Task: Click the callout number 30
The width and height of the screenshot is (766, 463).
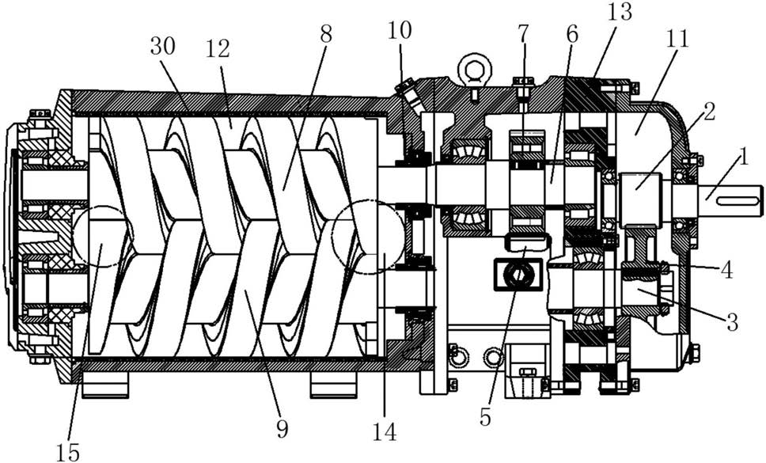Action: click(x=163, y=47)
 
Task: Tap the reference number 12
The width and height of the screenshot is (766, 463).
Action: click(x=218, y=49)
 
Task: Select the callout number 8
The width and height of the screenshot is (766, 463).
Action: click(x=326, y=34)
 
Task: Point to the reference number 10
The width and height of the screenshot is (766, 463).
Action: click(x=400, y=30)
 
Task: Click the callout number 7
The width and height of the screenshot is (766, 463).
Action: click(x=523, y=32)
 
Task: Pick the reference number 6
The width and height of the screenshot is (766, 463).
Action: click(x=572, y=34)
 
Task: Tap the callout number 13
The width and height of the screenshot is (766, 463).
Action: click(x=620, y=12)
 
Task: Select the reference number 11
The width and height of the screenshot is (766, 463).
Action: click(x=677, y=38)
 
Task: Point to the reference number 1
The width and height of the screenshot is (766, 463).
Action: click(x=743, y=157)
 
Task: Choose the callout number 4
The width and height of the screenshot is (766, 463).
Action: click(x=727, y=270)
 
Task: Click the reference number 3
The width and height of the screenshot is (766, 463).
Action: click(x=732, y=322)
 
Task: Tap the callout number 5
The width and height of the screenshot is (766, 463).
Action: click(x=484, y=416)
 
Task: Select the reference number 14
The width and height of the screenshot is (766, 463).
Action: click(x=385, y=432)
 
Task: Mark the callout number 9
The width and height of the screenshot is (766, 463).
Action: click(x=283, y=429)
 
